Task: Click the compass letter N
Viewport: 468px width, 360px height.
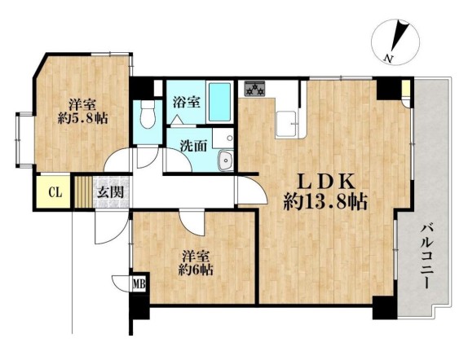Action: pyautogui.click(x=388, y=59)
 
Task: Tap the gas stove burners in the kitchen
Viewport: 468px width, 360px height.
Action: pyautogui.click(x=255, y=89)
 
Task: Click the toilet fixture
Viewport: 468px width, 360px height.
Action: pyautogui.click(x=148, y=114)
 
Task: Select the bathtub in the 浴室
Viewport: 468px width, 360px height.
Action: pyautogui.click(x=219, y=102)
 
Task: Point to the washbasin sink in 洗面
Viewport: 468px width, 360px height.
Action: pyautogui.click(x=225, y=160)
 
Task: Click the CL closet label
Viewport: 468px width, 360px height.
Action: pyautogui.click(x=55, y=192)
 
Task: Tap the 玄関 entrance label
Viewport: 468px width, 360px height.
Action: pyautogui.click(x=111, y=193)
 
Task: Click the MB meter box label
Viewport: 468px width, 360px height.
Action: pyautogui.click(x=139, y=283)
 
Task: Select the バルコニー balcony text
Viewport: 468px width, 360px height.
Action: pyautogui.click(x=427, y=257)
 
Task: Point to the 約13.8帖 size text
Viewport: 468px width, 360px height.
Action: pyautogui.click(x=325, y=202)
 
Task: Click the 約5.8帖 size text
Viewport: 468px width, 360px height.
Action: pyautogui.click(x=82, y=119)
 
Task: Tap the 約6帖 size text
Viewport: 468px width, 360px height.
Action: pyautogui.click(x=196, y=270)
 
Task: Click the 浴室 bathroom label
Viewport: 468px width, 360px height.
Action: pyautogui.click(x=187, y=103)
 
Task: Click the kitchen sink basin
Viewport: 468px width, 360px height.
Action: pyautogui.click(x=286, y=123)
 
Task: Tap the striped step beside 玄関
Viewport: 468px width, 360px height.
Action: pyautogui.click(x=83, y=192)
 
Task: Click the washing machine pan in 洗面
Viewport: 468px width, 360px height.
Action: pyautogui.click(x=223, y=138)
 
